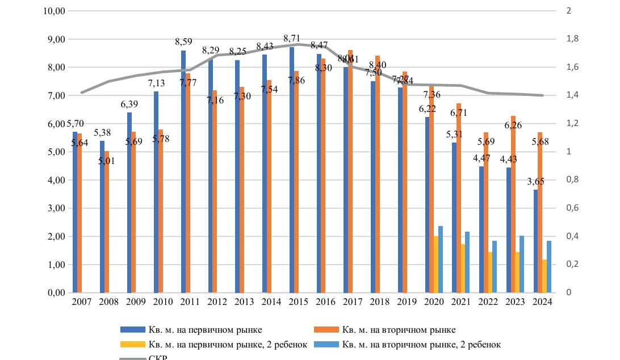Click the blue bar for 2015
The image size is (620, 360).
[291, 170]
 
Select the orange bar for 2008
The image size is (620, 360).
[106, 222]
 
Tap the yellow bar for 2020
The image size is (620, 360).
[436, 265]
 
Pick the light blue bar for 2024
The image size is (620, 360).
[549, 267]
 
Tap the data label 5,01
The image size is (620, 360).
[106, 160]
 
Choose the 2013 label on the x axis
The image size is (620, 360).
[244, 302]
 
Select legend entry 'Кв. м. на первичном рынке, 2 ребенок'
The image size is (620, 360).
[227, 344]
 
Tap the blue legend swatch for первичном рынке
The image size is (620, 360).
[132, 329]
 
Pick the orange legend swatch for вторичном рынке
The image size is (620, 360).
[326, 329]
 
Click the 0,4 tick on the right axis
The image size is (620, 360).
[569, 236]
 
